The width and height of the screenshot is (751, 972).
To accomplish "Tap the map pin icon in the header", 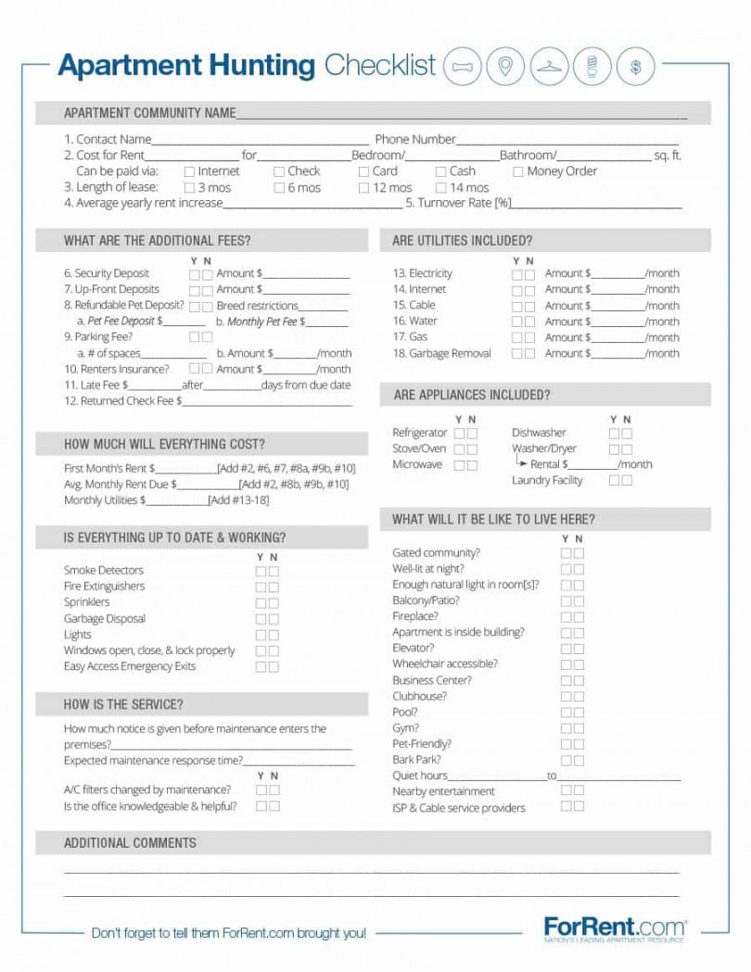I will [x=505, y=67].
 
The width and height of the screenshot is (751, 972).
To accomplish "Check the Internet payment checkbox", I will [x=189, y=171].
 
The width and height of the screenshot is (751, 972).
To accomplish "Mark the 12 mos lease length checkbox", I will [x=364, y=188].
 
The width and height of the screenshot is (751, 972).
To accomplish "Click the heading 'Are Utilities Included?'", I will [x=462, y=241].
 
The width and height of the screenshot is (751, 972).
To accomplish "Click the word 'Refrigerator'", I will [x=419, y=433].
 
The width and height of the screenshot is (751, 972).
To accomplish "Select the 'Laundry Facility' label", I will [x=547, y=480].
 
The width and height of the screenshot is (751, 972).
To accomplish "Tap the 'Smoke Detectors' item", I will [x=104, y=570].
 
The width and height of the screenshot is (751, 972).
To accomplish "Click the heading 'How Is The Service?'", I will [x=123, y=704].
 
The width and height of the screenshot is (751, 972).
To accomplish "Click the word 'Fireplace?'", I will [x=415, y=616].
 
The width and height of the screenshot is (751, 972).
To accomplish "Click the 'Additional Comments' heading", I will [x=130, y=843].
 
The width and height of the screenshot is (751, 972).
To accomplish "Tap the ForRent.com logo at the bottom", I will [x=615, y=928].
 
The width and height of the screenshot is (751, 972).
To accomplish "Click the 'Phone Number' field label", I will [x=415, y=139].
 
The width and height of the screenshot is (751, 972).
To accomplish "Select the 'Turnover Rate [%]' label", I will [x=458, y=203].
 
